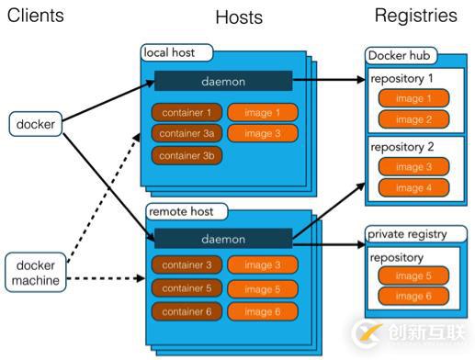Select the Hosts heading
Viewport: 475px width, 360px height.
point(239,17)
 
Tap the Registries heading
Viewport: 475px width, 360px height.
point(415,15)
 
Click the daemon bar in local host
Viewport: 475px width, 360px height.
point(223,81)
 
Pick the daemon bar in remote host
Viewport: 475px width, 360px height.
point(223,239)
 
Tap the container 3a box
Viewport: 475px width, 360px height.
point(187,134)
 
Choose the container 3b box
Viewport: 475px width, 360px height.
point(187,155)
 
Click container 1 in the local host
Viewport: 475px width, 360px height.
point(187,113)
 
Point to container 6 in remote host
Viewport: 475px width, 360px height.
point(187,312)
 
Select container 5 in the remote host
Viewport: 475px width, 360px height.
point(187,289)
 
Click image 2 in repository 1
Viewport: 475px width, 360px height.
point(414,118)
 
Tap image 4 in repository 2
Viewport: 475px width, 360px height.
point(414,187)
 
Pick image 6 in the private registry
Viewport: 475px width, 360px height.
point(414,298)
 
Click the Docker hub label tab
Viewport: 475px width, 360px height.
point(400,56)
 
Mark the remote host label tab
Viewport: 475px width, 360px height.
point(183,212)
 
